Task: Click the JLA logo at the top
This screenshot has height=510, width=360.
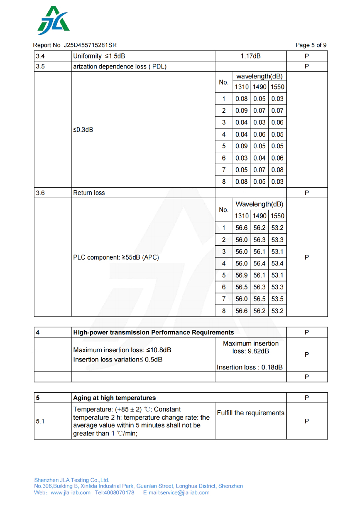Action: tap(54, 21)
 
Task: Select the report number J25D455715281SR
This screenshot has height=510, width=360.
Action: tap(90, 45)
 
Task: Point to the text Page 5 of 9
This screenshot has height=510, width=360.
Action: tap(311, 45)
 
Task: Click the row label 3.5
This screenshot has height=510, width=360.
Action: tap(40, 66)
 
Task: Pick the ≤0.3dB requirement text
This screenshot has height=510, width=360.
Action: tap(83, 130)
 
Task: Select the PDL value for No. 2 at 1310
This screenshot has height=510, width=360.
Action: tap(242, 110)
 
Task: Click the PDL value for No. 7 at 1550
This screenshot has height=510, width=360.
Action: tap(277, 170)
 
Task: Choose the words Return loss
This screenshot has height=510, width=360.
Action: tap(89, 193)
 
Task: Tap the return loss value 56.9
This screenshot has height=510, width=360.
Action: tap(242, 275)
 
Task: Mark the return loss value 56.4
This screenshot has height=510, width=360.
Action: tap(259, 263)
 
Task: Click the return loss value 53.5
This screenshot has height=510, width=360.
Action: tap(277, 299)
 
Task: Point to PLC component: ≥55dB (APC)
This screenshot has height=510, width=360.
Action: tap(116, 257)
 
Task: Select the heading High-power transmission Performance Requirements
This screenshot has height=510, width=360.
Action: tap(154, 332)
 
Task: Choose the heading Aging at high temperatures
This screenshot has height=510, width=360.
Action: tap(114, 398)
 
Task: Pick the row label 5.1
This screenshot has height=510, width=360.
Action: tap(40, 421)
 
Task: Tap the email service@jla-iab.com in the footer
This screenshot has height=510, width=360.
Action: tap(176, 493)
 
